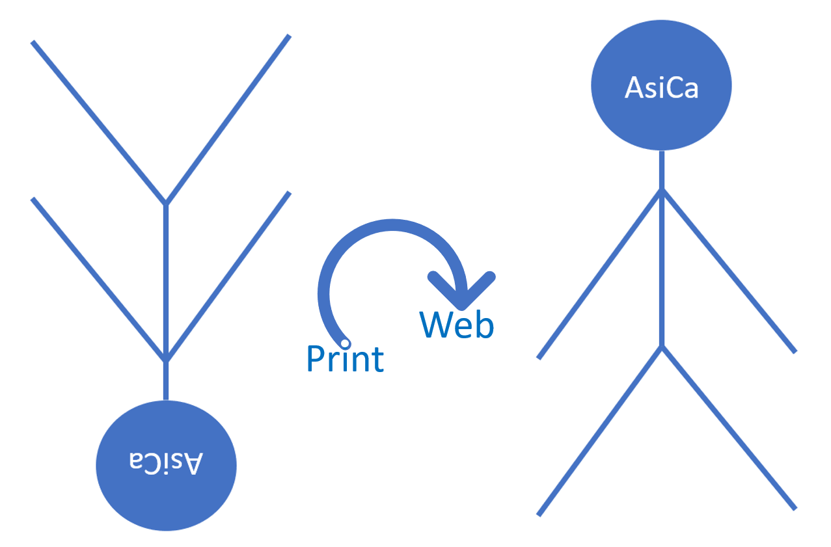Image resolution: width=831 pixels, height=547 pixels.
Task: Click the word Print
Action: point(345,358)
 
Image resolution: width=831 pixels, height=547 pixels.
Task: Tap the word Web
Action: point(457,325)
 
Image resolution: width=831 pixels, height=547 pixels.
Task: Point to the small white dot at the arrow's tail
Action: point(346,343)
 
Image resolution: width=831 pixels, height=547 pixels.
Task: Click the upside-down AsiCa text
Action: point(166,462)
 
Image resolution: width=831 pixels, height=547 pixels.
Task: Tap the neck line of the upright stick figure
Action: point(662,169)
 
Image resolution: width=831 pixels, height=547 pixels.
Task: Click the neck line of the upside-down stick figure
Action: point(166,380)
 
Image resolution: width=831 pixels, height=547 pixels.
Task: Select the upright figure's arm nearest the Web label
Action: point(600,274)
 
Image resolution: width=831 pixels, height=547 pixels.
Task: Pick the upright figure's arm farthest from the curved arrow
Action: point(729,271)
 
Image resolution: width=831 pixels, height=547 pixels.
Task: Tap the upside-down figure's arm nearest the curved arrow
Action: point(228,276)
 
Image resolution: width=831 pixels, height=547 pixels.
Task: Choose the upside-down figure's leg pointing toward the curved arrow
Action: point(228,119)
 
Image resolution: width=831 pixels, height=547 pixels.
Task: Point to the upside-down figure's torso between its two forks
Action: point(166,283)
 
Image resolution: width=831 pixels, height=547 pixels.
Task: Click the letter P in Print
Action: point(315,358)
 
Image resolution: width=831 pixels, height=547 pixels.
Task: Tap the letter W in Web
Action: point(435,325)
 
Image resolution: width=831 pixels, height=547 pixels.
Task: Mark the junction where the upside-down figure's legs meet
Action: point(166,204)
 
